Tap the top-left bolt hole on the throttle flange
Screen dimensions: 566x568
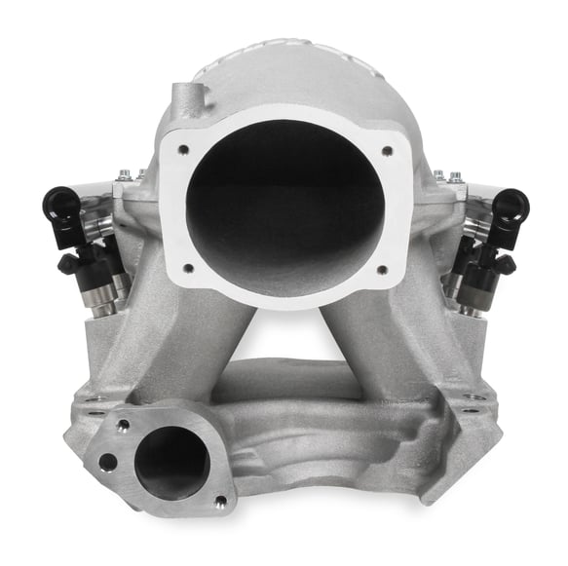[x=180, y=150]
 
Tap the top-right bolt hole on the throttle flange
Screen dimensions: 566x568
[x=386, y=150]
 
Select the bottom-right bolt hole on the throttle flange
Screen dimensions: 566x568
[x=381, y=269]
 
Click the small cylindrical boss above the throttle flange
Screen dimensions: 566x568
[x=185, y=99]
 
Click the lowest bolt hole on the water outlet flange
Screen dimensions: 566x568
[x=220, y=501]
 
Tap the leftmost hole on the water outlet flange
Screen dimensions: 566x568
[x=107, y=462]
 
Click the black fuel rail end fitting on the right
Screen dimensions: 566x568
[x=510, y=206]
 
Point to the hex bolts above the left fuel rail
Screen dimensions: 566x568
[x=125, y=176]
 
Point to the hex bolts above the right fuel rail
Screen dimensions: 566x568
[x=446, y=176]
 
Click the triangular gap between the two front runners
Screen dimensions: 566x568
[x=284, y=331]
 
